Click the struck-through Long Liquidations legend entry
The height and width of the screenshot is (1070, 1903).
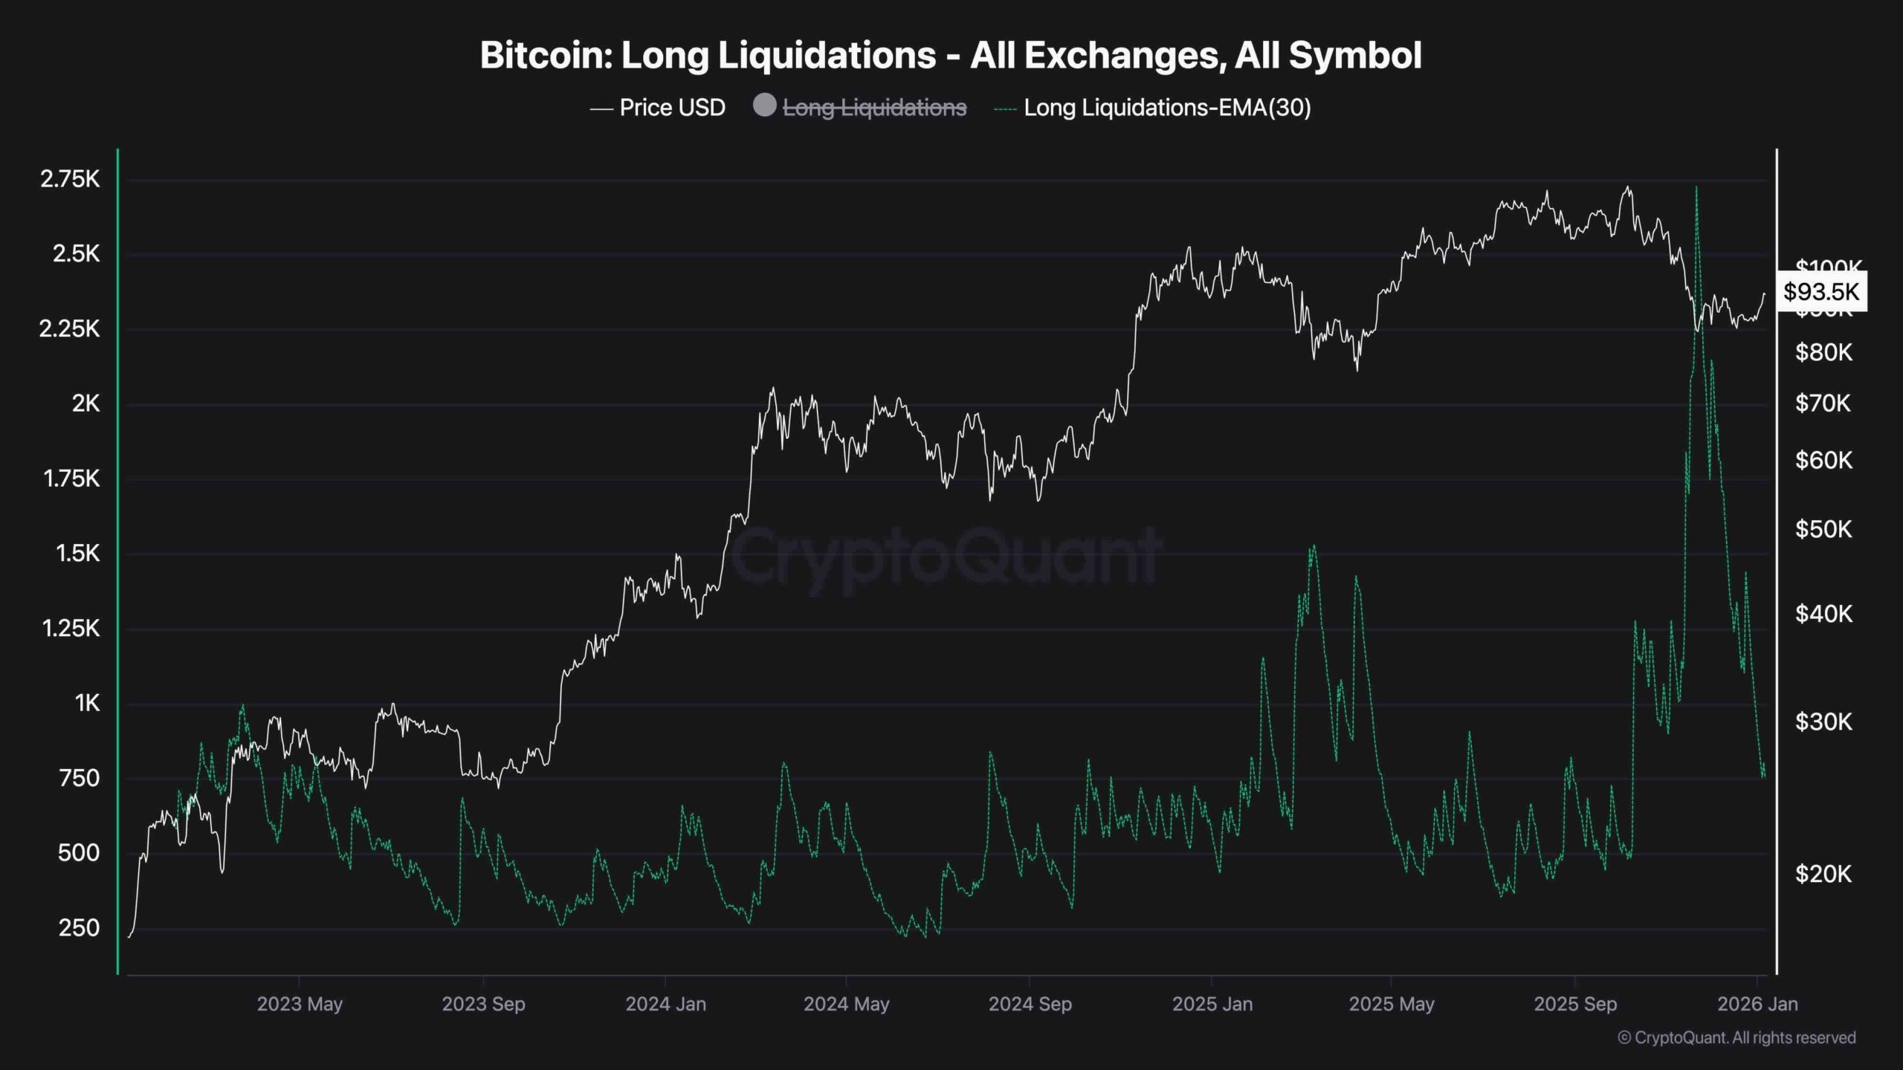[x=874, y=108]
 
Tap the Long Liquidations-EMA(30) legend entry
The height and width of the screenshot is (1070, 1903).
[x=1166, y=108]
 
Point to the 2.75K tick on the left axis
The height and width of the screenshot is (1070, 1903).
[x=70, y=179]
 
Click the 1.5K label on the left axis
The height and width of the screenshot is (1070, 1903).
[x=77, y=554]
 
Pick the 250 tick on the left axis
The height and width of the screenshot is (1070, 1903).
[x=79, y=928]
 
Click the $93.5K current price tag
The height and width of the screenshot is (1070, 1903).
[x=1820, y=291]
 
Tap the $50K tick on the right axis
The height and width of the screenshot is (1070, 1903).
[x=1823, y=529]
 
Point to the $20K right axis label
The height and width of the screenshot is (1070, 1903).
[x=1823, y=874]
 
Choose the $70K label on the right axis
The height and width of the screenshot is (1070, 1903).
[x=1823, y=403]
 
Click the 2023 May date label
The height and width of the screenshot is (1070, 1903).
[x=300, y=1004]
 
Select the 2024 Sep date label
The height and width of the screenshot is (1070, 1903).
[x=1030, y=1004]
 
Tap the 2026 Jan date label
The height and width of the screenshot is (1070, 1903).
[x=1757, y=1004]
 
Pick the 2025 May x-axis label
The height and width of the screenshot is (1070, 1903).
[x=1392, y=1004]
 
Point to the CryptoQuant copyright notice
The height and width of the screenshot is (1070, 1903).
[x=1736, y=1038]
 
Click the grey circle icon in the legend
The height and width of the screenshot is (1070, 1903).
[x=764, y=106]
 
